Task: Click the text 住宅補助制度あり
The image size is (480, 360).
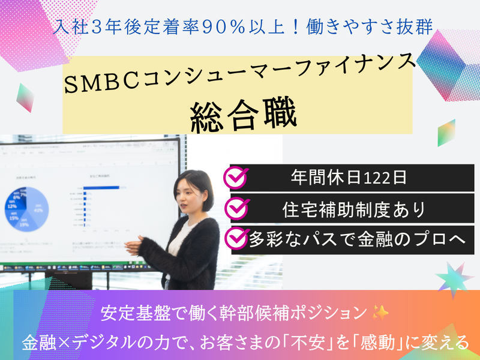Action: pyautogui.click(x=354, y=208)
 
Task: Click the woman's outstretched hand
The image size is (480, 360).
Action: pyautogui.click(x=130, y=244)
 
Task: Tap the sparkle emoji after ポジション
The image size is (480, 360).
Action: pyautogui.click(x=380, y=313)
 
